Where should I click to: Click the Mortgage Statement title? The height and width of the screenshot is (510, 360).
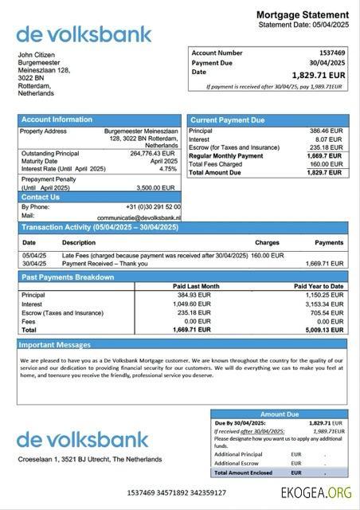click(x=303, y=15)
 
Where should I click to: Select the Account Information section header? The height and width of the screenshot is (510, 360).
click(x=57, y=120)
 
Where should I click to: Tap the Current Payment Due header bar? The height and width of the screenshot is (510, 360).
click(x=227, y=120)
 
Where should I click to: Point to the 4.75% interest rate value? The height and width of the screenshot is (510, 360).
click(x=168, y=169)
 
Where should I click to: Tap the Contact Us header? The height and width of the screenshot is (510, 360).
click(x=41, y=197)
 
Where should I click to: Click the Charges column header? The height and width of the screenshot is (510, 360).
click(x=267, y=242)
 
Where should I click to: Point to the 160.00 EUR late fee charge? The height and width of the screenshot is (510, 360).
click(x=268, y=255)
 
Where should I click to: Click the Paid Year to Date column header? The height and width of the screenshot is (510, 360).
click(x=319, y=286)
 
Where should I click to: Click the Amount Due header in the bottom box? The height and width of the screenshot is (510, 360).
click(x=279, y=414)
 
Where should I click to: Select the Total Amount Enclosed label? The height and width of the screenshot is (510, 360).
click(x=243, y=472)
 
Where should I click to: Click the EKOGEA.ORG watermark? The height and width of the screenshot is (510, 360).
click(x=316, y=494)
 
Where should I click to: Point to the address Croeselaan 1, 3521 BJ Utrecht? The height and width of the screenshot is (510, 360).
click(x=90, y=459)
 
